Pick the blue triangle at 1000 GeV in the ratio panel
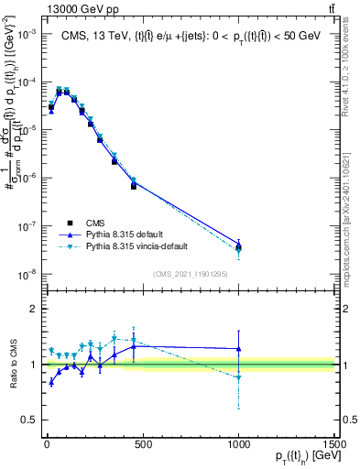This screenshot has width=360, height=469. point(239,348)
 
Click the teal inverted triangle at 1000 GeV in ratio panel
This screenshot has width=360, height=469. point(239,377)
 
